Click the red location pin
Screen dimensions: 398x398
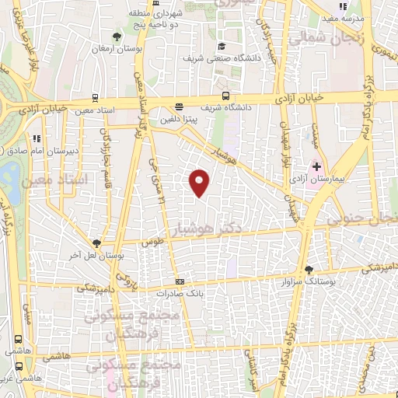[x=200, y=183]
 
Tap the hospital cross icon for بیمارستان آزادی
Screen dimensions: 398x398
[x=316, y=166]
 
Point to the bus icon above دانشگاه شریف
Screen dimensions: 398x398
[x=225, y=96]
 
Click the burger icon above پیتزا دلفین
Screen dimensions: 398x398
[x=180, y=107]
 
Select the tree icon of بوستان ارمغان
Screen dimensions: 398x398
[x=117, y=36]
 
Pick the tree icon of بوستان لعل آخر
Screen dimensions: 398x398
[x=96, y=243]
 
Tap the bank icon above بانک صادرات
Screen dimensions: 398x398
[x=180, y=281]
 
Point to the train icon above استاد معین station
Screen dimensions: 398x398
[x=95, y=98]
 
